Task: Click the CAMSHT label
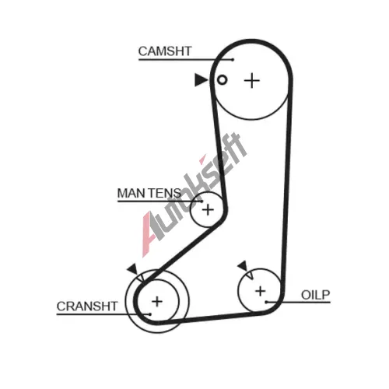(165, 51)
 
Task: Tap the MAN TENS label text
(149, 193)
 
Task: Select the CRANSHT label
(87, 307)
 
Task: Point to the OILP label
(315, 295)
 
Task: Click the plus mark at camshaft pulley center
(252, 80)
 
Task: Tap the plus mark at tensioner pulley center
(208, 210)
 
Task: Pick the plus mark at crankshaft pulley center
(157, 302)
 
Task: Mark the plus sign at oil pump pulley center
(261, 291)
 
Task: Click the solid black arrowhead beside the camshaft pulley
(201, 80)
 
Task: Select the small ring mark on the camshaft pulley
(222, 80)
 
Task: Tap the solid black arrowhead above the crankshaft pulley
(132, 269)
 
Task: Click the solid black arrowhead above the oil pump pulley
(243, 266)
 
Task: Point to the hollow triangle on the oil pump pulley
(250, 275)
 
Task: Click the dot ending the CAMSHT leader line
(233, 60)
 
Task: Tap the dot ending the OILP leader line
(266, 302)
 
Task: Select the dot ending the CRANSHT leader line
(150, 314)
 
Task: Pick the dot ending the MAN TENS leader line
(202, 201)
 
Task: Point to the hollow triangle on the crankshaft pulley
(140, 278)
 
